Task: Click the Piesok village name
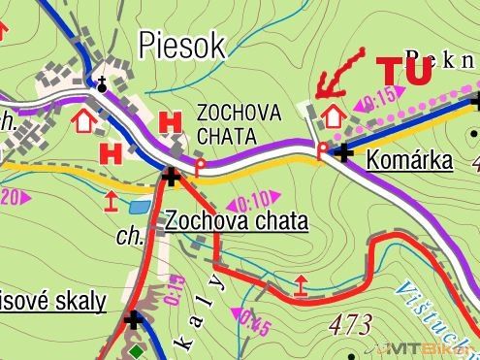[181, 44]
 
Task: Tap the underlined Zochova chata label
[237, 221]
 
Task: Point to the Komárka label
[409, 160]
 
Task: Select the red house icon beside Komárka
[333, 115]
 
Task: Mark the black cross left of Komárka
[342, 151]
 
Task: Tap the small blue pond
[140, 207]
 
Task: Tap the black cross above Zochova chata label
[172, 177]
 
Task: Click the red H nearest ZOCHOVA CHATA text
[172, 122]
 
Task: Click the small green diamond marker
[138, 351]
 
